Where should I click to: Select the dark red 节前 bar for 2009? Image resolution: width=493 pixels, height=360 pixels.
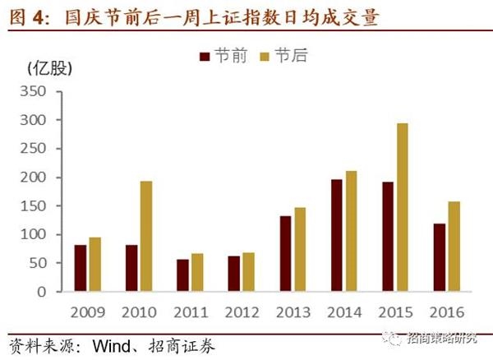(x=81, y=268)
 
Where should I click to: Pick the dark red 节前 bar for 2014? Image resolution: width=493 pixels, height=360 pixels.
(x=336, y=235)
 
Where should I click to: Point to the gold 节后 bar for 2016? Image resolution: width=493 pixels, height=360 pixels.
(x=454, y=247)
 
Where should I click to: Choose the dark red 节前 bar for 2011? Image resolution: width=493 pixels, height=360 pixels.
(x=182, y=275)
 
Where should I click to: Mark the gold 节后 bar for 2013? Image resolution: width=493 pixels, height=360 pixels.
(x=300, y=249)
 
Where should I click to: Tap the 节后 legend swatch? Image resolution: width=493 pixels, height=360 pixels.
(x=264, y=56)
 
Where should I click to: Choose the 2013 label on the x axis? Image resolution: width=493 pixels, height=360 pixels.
(x=293, y=312)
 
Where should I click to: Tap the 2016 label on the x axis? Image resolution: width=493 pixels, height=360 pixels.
(x=446, y=312)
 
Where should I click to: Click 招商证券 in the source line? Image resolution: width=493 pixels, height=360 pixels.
(x=187, y=345)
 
